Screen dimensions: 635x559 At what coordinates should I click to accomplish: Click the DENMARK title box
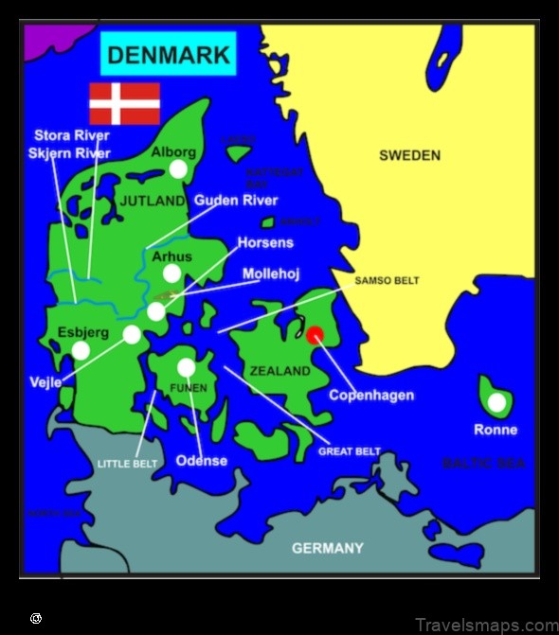click(x=169, y=54)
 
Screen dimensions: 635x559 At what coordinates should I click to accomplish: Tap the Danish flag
click(x=124, y=103)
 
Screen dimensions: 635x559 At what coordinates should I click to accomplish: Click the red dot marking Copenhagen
click(x=315, y=333)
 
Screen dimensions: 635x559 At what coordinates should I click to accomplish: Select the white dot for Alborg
click(x=177, y=168)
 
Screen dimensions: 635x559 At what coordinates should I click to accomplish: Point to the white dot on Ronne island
click(x=496, y=403)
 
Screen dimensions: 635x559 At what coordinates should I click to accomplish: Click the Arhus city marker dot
click(x=171, y=273)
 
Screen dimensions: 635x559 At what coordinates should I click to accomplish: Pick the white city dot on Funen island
click(x=186, y=366)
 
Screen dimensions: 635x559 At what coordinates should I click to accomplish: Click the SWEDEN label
click(x=409, y=155)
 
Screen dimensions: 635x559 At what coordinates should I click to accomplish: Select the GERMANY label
click(x=327, y=548)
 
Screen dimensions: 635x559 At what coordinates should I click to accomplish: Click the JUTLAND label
click(x=153, y=202)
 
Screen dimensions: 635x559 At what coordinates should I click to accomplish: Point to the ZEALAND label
click(x=279, y=371)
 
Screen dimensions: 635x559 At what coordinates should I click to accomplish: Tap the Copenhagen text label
click(x=371, y=395)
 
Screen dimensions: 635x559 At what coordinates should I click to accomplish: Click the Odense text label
click(x=202, y=461)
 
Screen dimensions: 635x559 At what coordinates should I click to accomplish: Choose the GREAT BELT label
click(x=349, y=451)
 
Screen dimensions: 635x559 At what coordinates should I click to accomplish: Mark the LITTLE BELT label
click(x=127, y=464)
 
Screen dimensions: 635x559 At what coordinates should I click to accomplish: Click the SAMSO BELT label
click(x=387, y=281)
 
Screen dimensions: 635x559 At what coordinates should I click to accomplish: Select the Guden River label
click(x=236, y=201)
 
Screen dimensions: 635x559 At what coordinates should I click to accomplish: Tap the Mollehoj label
click(x=272, y=273)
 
